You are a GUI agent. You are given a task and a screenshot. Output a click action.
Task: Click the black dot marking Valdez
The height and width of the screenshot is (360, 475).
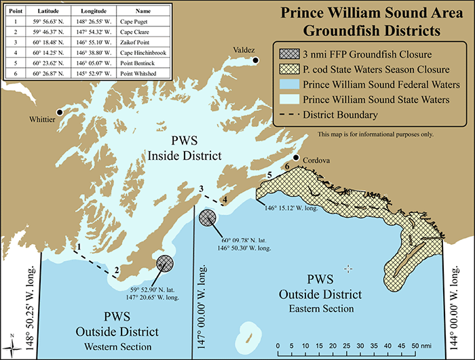tap(256, 61)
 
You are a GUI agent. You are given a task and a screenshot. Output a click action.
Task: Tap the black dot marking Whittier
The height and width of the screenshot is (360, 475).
tap(60, 112)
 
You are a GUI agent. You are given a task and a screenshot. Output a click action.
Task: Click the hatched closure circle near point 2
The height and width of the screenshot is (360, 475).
tap(165, 263)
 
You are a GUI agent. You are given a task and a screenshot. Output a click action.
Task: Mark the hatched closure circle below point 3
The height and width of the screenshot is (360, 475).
tap(208, 218)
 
